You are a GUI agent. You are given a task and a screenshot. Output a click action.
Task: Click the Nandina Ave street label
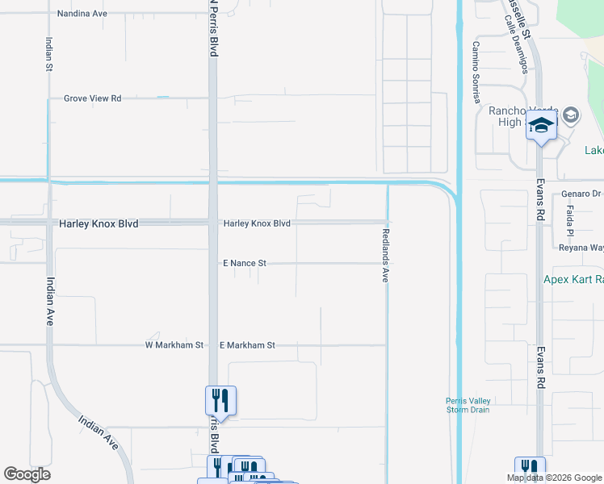click(x=82, y=14)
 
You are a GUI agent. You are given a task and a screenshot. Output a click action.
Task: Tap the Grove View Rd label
click(x=93, y=98)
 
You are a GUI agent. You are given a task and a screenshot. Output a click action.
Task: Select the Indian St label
click(x=48, y=55)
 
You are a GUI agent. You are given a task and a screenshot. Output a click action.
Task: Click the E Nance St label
click(x=245, y=264)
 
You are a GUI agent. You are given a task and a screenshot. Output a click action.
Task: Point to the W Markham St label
click(x=174, y=345)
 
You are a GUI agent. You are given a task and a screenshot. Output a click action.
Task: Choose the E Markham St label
click(x=247, y=345)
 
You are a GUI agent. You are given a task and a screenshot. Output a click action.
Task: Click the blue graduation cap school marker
click(x=542, y=126)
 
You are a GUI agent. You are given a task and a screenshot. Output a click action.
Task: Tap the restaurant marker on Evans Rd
click(x=531, y=468)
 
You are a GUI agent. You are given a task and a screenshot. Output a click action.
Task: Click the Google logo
click(x=27, y=474)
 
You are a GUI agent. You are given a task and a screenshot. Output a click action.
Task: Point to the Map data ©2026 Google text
click(x=555, y=478)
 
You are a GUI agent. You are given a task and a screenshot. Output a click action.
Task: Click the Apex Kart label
click(x=573, y=280)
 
